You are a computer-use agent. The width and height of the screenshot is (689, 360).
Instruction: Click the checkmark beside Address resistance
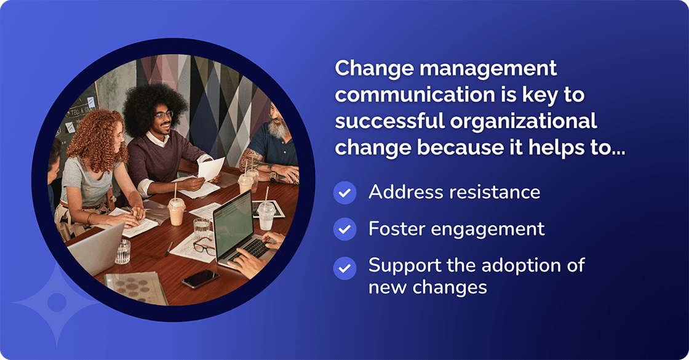pos(344,193)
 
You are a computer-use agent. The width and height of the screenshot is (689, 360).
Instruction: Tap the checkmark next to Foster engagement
pos(344,230)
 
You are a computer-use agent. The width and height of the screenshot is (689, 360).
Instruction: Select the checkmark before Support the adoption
pos(344,268)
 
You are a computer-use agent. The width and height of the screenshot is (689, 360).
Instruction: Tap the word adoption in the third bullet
pos(532,266)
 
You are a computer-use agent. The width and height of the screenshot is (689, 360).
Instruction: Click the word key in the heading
pos(536,95)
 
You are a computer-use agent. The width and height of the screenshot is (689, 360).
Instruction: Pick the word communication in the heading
pos(405,95)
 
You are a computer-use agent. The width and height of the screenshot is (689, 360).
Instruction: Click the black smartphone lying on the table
pos(200,279)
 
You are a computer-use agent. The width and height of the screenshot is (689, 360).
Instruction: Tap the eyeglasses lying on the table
pos(205,247)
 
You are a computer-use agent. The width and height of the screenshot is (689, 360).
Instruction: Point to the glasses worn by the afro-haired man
pos(164,115)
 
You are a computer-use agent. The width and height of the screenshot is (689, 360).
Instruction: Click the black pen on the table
pos(169,248)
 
